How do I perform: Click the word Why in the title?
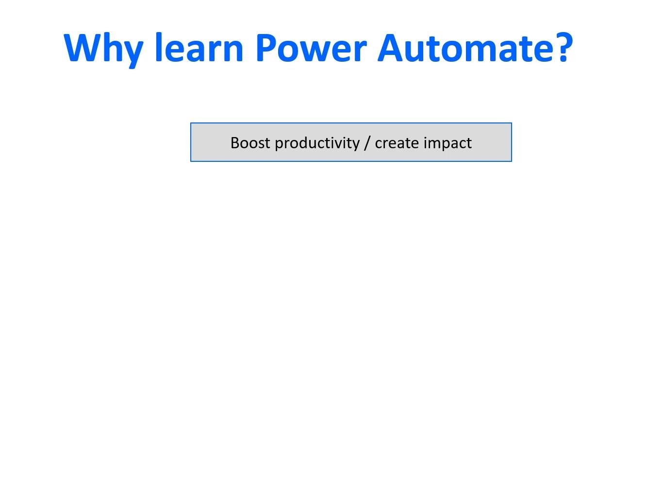point(103,50)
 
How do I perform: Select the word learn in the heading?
point(199,47)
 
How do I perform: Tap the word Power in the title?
point(312,48)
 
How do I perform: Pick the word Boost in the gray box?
point(250,143)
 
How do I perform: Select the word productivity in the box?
point(317,144)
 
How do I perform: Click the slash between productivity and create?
point(367,144)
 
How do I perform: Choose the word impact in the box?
point(448,144)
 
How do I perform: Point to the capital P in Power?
point(266,48)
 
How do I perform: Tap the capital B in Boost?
point(235,143)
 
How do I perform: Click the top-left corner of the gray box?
point(191,123)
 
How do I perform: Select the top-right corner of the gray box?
point(512,123)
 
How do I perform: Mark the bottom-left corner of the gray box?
point(191,161)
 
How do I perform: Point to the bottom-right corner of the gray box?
point(512,161)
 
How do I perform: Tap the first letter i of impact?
point(425,143)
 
